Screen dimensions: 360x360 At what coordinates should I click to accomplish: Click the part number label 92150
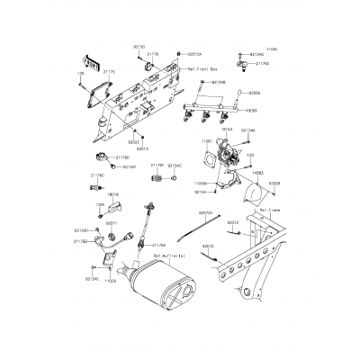[139, 44]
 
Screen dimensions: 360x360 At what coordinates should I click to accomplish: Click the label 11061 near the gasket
[205, 141]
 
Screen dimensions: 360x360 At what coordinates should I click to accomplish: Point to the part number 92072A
[180, 214]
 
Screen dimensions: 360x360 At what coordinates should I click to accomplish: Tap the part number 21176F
[157, 166]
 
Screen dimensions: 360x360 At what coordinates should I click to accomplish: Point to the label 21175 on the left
[108, 70]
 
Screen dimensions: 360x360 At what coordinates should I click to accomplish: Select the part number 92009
[274, 182]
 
